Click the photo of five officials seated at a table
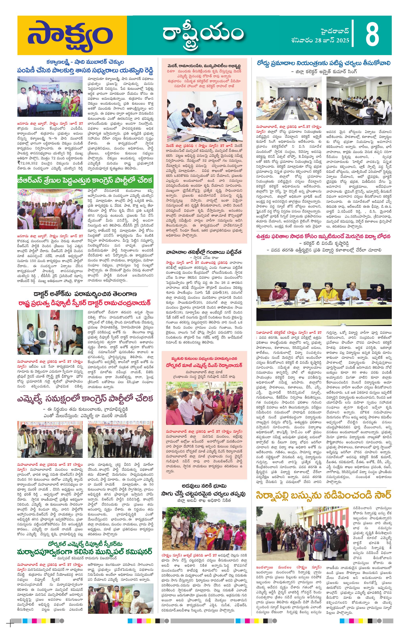pos(324,291)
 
